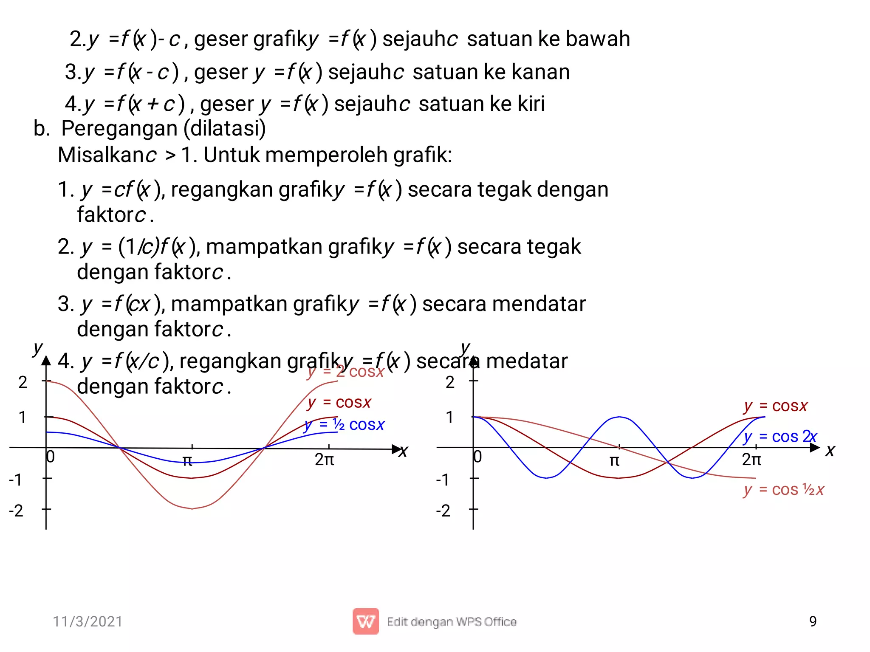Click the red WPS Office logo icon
pyautogui.click(x=365, y=621)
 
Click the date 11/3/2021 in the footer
pyautogui.click(x=88, y=621)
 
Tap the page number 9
pyautogui.click(x=813, y=621)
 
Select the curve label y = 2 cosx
pyautogui.click(x=345, y=372)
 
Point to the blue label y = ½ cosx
pyautogui.click(x=345, y=424)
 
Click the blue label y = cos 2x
pyautogui.click(x=780, y=436)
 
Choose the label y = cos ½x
pyautogui.click(x=784, y=490)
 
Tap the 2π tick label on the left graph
pyautogui.click(x=324, y=460)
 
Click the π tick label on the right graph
pyautogui.click(x=614, y=460)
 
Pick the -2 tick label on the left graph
pyautogui.click(x=16, y=510)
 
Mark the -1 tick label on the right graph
pyautogui.click(x=443, y=480)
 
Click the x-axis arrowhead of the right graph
pyautogui.click(x=815, y=447)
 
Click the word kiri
pyautogui.click(x=531, y=104)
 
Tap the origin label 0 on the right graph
pyautogui.click(x=478, y=457)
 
